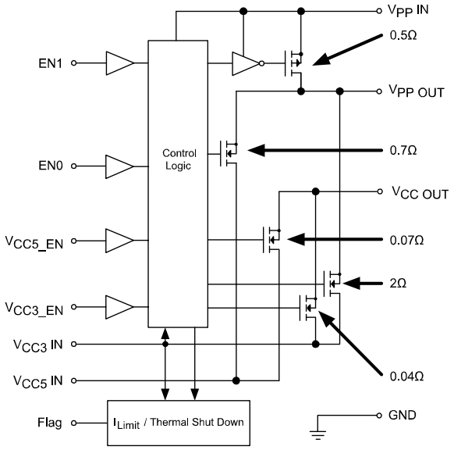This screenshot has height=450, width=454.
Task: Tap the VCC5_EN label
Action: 37,237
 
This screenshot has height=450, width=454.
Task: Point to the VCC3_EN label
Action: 37,308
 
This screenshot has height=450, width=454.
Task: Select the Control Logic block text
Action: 179,159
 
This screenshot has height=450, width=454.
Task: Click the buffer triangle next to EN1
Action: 119,62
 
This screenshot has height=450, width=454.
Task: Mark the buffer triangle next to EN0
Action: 119,166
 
